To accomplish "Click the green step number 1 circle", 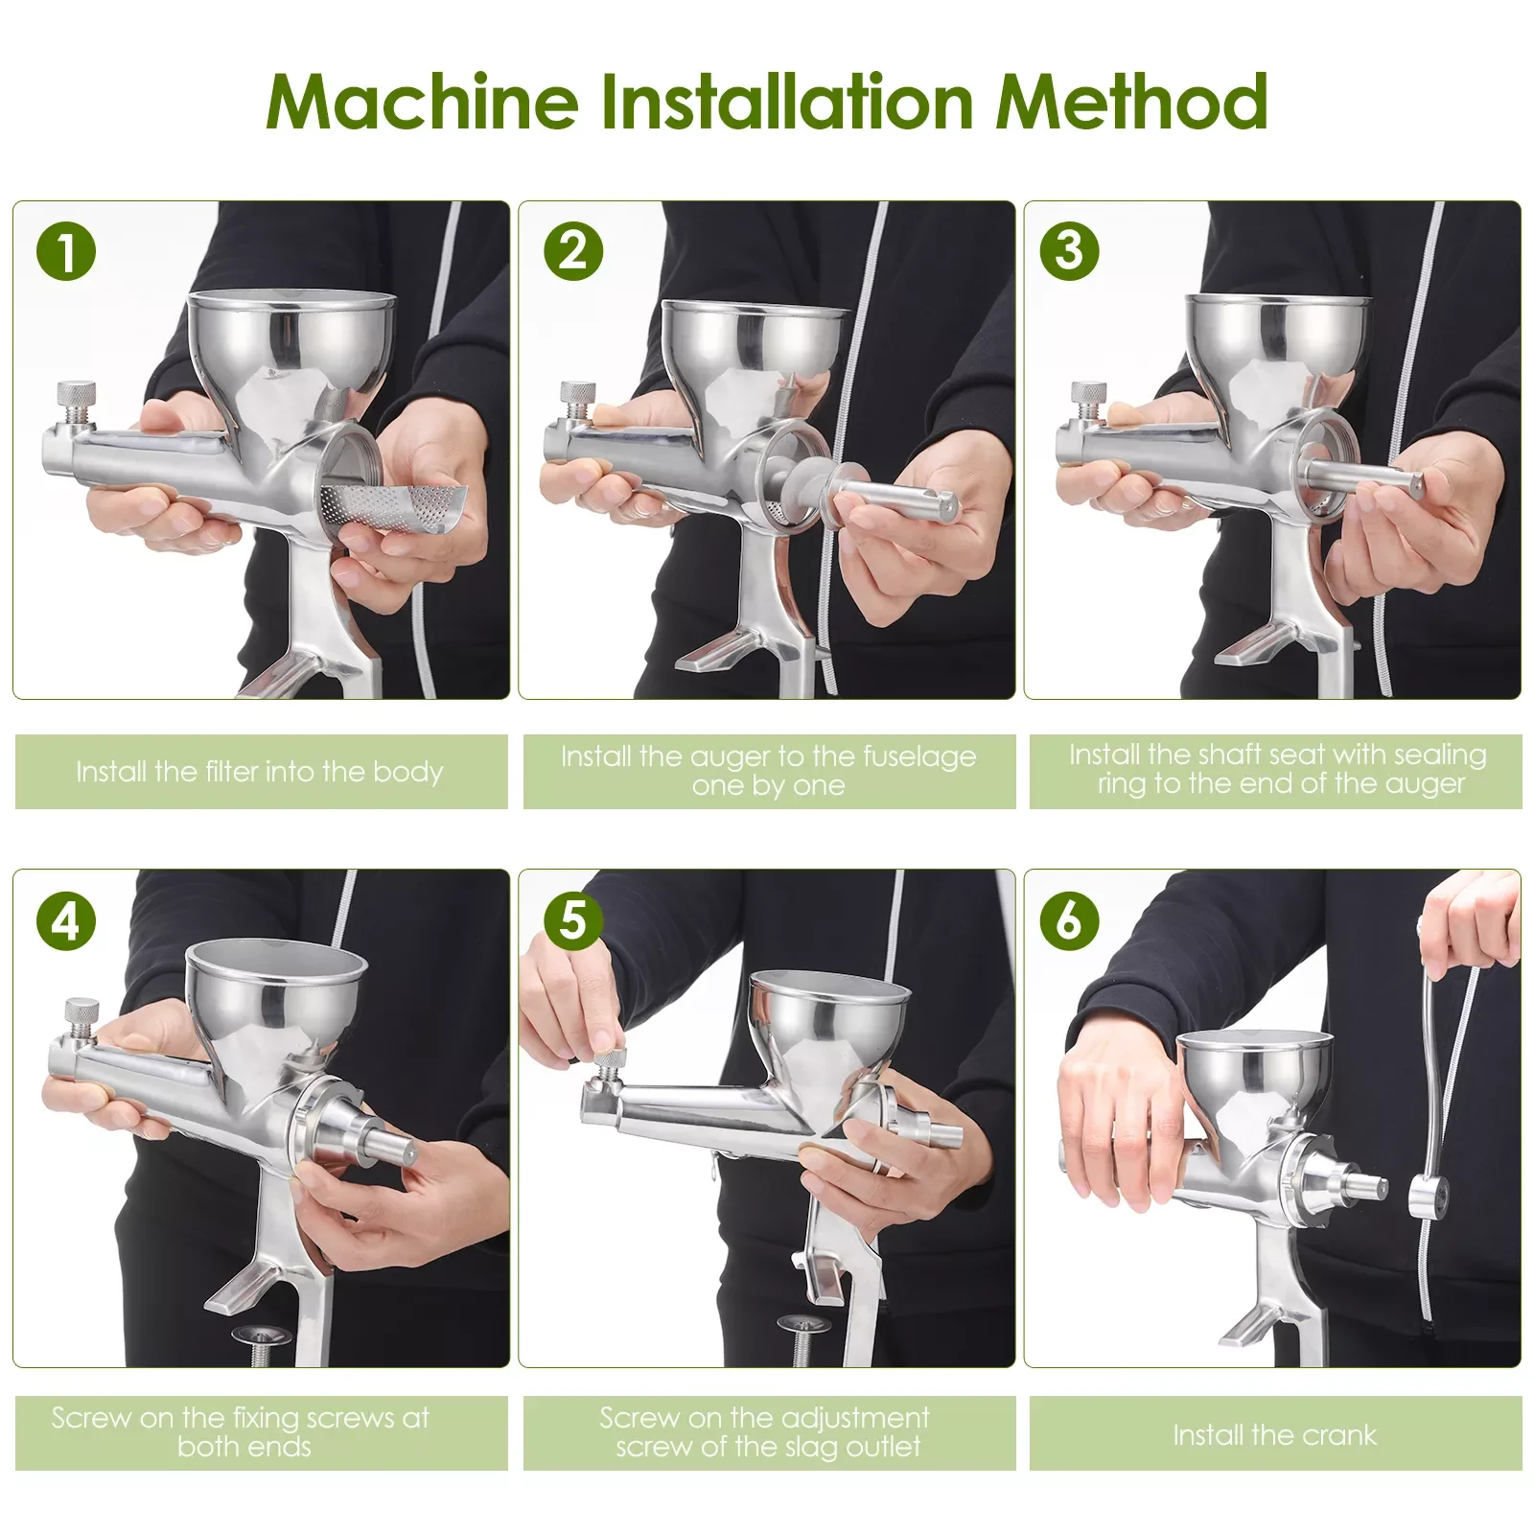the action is (66, 251).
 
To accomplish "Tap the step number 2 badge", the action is (572, 251).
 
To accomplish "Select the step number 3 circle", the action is (1069, 251).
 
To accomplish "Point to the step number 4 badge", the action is (66, 920).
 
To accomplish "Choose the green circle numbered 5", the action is (572, 920).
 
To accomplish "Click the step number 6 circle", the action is (1069, 920).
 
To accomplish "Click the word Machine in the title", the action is (422, 101).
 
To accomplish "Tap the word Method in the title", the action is (1131, 101).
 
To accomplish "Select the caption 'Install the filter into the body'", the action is (260, 772).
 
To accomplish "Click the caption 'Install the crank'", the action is (1275, 1435).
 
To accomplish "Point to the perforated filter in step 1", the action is (393, 507).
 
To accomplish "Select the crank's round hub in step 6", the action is (1429, 1198).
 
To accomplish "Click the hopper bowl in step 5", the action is (828, 1016).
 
